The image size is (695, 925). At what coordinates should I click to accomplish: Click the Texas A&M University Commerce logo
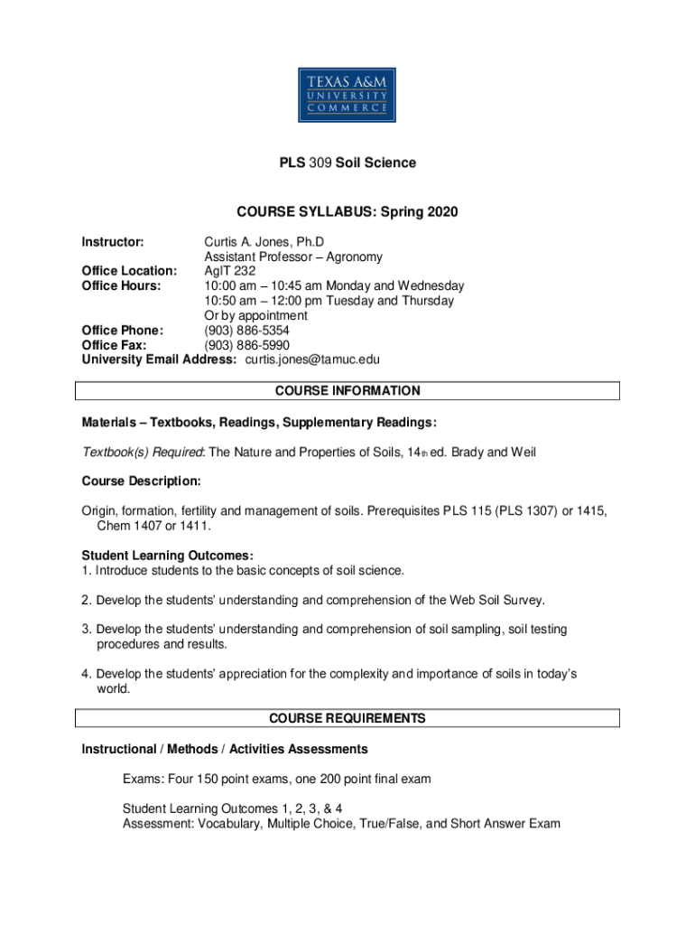click(347, 94)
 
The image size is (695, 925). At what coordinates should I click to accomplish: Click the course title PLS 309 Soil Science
click(347, 164)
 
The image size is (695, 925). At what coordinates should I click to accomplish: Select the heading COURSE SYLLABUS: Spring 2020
click(347, 212)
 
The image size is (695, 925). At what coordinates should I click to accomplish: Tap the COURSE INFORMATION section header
click(347, 391)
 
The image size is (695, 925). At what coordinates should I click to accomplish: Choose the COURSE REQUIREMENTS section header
click(347, 718)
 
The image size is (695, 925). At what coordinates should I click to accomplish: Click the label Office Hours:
click(121, 285)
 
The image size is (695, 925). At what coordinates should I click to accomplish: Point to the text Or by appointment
click(255, 315)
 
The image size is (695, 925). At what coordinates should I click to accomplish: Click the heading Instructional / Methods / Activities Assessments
click(225, 749)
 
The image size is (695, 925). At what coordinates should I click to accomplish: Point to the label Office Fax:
click(115, 344)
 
